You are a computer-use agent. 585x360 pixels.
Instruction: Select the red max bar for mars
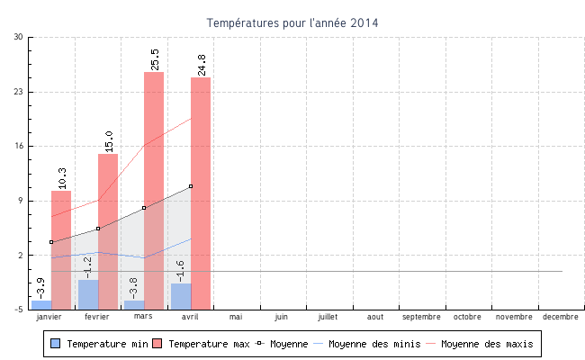tap(154, 189)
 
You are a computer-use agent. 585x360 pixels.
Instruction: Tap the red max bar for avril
tap(201, 193)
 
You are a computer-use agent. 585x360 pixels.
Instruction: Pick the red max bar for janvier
tap(61, 249)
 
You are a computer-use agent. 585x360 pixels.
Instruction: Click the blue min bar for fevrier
tap(88, 294)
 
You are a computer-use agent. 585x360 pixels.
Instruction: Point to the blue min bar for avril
tap(181, 296)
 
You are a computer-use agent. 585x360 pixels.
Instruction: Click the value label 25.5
tap(155, 59)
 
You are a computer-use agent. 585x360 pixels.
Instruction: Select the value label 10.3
tap(62, 178)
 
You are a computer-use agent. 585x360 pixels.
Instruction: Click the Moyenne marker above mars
tap(144, 208)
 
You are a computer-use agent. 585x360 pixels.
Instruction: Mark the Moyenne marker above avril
tap(191, 186)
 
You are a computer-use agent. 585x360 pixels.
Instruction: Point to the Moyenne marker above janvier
tap(51, 242)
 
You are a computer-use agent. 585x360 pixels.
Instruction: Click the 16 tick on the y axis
tap(20, 146)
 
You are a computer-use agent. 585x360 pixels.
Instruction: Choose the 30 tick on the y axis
tap(20, 37)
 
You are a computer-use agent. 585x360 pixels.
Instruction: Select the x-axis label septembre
tap(421, 317)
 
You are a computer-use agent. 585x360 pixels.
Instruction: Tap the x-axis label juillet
tap(328, 317)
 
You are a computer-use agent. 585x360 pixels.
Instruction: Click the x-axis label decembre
tap(561, 317)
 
